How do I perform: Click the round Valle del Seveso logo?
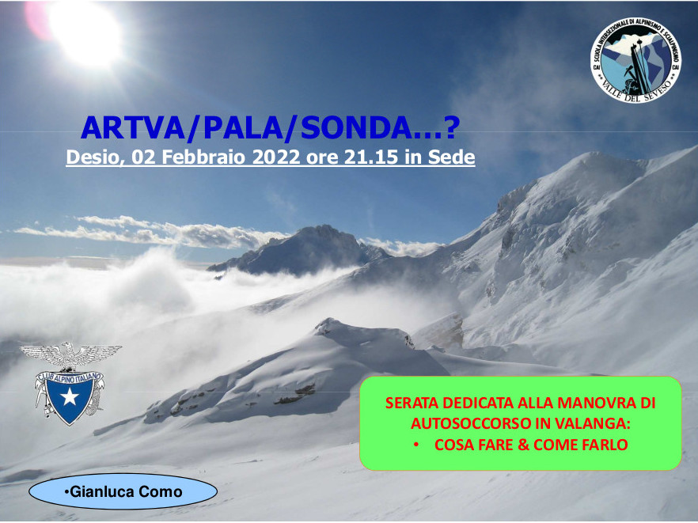(635, 61)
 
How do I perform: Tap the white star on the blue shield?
(70, 396)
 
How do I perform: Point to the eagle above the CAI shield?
(70, 355)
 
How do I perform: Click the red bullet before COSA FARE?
(416, 445)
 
